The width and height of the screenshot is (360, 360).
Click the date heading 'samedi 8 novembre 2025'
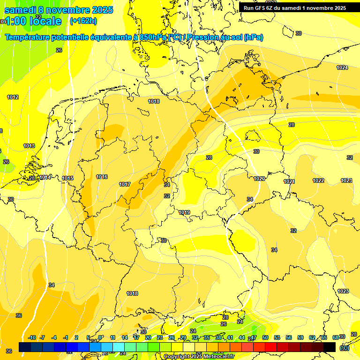(x=59, y=10)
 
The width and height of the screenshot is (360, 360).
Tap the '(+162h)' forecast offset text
(x=83, y=21)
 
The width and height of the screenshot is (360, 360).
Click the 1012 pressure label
(x=13, y=97)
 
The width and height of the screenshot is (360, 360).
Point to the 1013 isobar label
(x=29, y=146)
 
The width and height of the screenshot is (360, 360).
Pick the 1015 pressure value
(x=67, y=179)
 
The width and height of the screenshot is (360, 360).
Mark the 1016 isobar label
(x=102, y=177)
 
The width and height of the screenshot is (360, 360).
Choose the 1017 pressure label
(x=125, y=185)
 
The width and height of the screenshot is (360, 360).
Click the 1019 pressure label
(x=184, y=213)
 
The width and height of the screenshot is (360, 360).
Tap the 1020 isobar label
(x=259, y=179)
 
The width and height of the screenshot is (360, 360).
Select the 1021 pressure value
(x=289, y=181)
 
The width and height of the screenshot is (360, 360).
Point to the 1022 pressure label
(x=318, y=180)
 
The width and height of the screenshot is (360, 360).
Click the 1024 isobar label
(x=342, y=68)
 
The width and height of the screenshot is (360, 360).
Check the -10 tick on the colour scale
(x=32, y=337)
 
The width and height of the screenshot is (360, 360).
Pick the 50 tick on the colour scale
(x=265, y=337)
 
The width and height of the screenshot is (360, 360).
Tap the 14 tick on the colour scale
(x=125, y=337)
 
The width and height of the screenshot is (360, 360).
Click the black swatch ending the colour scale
(x=330, y=347)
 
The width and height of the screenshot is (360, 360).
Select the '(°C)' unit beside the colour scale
(x=345, y=347)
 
